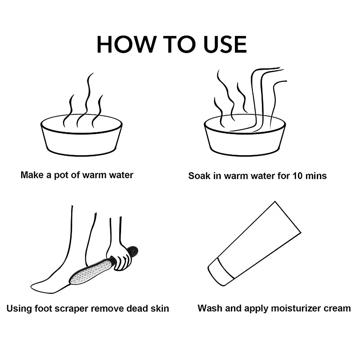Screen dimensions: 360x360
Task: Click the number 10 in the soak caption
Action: pos(297,176)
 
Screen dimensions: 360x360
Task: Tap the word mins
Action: pos(316,176)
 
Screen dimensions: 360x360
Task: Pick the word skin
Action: pos(160,308)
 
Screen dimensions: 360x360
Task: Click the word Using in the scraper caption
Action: pos(19,309)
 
